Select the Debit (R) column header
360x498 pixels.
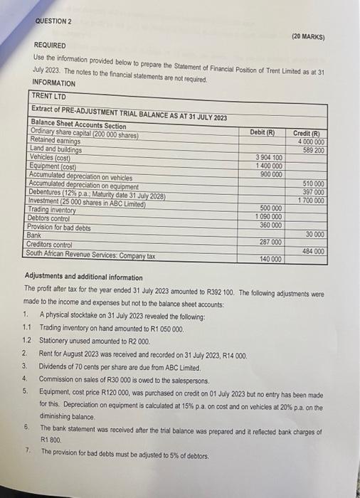263,132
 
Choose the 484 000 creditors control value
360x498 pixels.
313,251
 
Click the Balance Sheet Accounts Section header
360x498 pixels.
79,125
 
